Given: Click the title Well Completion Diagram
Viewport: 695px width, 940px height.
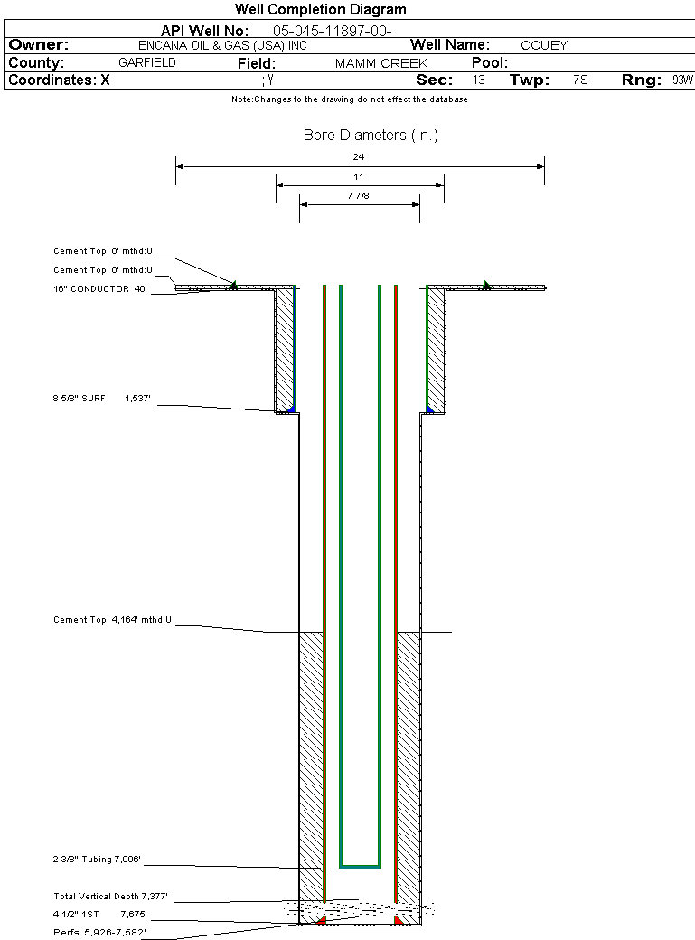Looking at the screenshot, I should [x=320, y=10].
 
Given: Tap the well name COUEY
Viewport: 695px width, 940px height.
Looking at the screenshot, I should [x=544, y=45].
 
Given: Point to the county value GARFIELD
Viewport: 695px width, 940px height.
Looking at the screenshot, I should [x=147, y=63].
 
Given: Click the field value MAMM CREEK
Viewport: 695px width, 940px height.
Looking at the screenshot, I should [x=380, y=64].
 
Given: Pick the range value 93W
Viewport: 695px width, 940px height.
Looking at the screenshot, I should [x=682, y=80].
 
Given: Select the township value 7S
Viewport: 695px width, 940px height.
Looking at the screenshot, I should [x=580, y=80].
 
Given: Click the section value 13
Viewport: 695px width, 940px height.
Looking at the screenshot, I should [x=478, y=80].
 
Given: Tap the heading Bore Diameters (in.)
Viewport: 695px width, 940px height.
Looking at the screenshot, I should [x=371, y=136].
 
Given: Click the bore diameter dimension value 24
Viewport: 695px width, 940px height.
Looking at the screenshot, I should [x=359, y=156].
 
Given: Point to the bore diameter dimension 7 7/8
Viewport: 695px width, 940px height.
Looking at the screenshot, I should [x=359, y=195].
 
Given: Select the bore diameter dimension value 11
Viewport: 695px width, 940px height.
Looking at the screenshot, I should [x=359, y=176].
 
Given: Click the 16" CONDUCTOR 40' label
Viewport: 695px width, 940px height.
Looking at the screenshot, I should [x=99, y=289].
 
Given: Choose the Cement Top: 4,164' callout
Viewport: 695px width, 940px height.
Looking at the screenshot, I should [x=112, y=620].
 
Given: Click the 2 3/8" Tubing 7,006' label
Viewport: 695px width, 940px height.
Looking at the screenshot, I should [x=98, y=860].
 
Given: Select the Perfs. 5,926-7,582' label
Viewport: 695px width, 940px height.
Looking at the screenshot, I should [x=99, y=931].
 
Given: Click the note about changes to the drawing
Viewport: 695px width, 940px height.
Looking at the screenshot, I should [x=349, y=99].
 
